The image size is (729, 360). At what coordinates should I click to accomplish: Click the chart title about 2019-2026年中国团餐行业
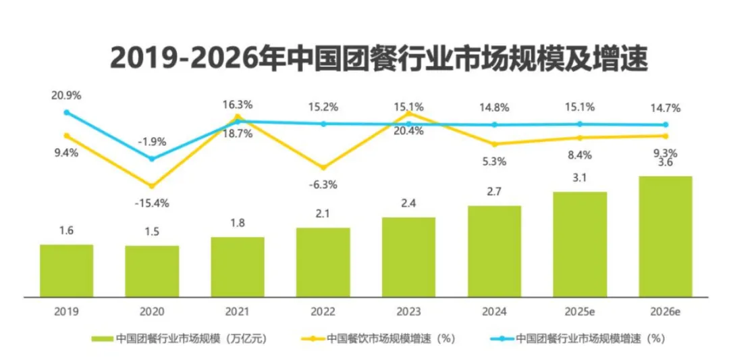click(378, 59)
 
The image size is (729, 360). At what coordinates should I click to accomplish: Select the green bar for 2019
click(66, 270)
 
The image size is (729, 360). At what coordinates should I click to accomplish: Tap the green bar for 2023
click(408, 257)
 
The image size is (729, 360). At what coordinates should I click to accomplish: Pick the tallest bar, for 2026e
click(665, 236)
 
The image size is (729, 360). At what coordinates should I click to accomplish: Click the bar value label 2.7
click(494, 192)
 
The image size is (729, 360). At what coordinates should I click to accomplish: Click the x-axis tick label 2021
click(238, 312)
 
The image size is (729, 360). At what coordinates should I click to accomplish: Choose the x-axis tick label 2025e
click(580, 312)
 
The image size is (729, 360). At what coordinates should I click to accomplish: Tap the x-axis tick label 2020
click(152, 312)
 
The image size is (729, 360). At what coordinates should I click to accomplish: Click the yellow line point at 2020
click(152, 186)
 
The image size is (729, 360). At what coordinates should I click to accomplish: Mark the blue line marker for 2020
click(152, 159)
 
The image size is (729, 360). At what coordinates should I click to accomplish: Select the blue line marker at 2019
click(66, 112)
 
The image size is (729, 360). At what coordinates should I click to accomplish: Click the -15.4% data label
click(152, 202)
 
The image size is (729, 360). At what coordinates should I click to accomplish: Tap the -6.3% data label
click(323, 184)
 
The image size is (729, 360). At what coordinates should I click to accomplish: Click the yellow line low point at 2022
click(323, 167)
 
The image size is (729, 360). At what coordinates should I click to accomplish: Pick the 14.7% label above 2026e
click(665, 107)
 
